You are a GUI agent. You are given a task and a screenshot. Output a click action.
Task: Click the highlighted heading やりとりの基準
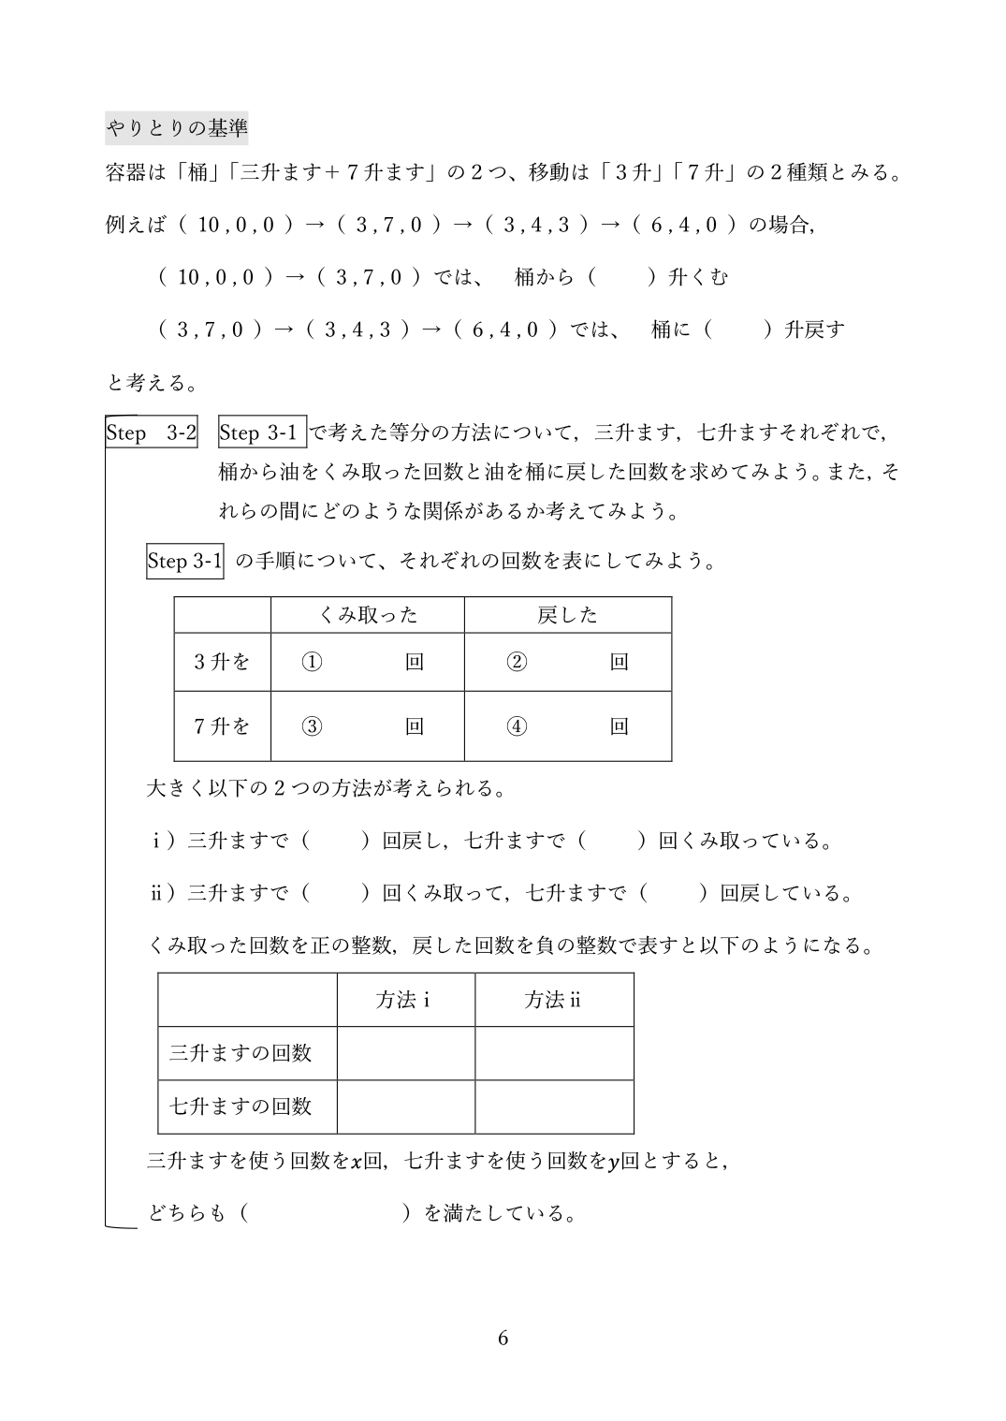click(x=177, y=127)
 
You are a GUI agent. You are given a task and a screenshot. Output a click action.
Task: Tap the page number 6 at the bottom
click(x=503, y=1338)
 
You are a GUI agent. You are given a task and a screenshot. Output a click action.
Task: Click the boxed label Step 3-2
click(x=152, y=432)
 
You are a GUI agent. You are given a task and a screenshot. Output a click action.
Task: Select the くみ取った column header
click(x=368, y=615)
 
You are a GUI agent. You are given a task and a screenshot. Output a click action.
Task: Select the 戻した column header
click(x=567, y=615)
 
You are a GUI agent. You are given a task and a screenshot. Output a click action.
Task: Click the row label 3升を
click(x=222, y=662)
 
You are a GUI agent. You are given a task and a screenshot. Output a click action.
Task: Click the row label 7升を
click(x=222, y=725)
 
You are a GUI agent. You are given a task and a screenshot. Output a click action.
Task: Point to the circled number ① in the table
click(x=312, y=662)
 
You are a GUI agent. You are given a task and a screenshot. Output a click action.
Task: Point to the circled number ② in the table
click(x=517, y=662)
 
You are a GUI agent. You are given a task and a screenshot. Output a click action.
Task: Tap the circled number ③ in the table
click(x=312, y=725)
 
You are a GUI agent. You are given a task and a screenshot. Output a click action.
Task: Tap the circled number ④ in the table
click(x=517, y=725)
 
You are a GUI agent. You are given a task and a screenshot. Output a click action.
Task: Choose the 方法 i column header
click(x=404, y=1000)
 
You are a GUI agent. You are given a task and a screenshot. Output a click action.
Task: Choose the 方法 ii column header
click(x=553, y=1000)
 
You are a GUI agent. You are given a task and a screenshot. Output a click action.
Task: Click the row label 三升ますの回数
click(x=241, y=1053)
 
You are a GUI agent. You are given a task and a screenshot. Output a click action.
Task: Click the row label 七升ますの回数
click(x=241, y=1106)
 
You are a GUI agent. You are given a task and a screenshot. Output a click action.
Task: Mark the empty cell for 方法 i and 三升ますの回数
click(x=405, y=1053)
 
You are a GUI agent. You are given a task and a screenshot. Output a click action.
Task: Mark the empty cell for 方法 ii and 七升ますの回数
click(x=554, y=1106)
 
